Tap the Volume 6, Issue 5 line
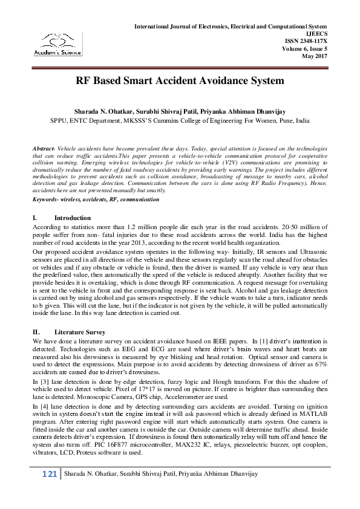tap(304, 49)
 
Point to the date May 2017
tap(315, 56)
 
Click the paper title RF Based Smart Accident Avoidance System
tap(180, 80)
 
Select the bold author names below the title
tap(180, 112)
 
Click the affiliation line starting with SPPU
tap(180, 120)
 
